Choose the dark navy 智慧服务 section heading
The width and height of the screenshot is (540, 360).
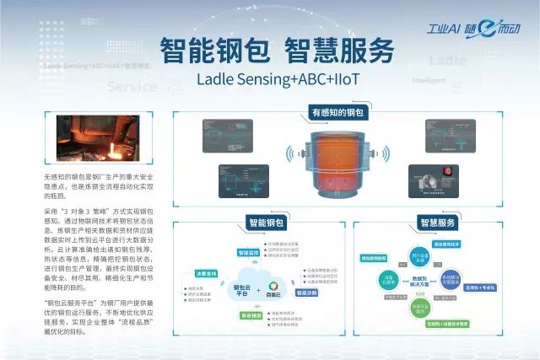[x=436, y=223]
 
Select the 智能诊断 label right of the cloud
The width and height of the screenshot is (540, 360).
[x=305, y=293]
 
